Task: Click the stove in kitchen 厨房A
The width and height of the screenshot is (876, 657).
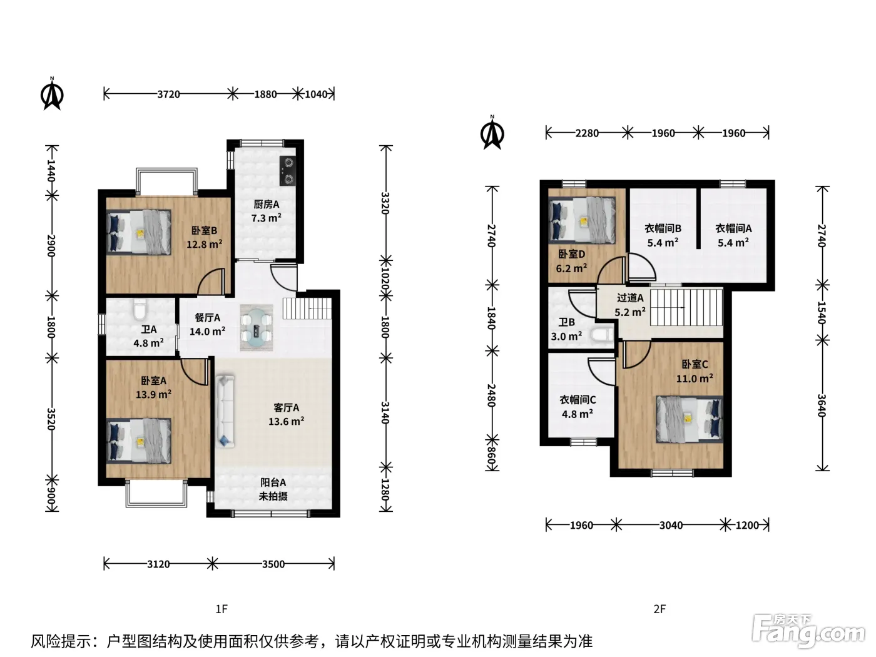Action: tap(288, 171)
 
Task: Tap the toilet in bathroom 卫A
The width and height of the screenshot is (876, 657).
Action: tap(140, 310)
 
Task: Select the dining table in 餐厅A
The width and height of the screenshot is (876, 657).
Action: tap(256, 328)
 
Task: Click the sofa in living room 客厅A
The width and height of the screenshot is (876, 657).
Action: tap(225, 410)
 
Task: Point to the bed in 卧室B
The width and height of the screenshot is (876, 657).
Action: tap(139, 232)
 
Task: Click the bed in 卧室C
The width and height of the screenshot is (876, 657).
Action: tap(690, 419)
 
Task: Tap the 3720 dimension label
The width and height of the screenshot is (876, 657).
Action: tap(168, 94)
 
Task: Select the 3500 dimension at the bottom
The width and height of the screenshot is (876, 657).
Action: tap(273, 564)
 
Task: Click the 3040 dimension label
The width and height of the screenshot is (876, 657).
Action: tap(671, 526)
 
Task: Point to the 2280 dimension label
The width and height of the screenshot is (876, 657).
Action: tap(587, 133)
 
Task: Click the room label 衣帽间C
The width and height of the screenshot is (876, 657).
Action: tap(578, 400)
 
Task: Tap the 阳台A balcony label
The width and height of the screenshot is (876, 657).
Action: tap(273, 482)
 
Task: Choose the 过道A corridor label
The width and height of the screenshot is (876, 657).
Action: tap(630, 298)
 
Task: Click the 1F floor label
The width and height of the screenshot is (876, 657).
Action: tap(222, 609)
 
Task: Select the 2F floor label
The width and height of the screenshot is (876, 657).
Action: tap(660, 609)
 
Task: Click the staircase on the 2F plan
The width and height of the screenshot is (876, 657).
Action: tap(686, 308)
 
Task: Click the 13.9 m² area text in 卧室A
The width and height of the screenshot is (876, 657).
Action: tap(154, 395)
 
